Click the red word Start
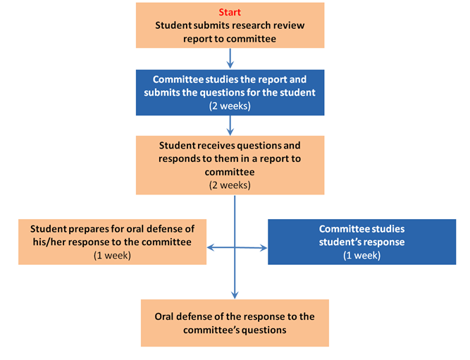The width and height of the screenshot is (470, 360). point(230,13)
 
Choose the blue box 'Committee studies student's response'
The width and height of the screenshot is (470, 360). point(361,242)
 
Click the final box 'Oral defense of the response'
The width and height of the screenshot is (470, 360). point(235,323)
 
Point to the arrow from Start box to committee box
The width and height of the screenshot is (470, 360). point(230,58)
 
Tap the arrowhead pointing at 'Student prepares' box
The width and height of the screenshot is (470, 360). point(210,247)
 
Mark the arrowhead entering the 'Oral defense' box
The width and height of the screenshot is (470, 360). point(235,295)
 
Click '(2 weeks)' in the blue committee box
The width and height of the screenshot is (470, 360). point(230,106)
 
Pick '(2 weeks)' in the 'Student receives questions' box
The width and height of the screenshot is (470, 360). point(230,185)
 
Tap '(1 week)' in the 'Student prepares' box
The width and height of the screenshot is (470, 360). point(113,255)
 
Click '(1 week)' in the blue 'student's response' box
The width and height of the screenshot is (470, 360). point(361,255)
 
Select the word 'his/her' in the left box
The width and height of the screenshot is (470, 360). point(54,242)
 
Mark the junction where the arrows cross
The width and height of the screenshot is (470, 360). point(235,247)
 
